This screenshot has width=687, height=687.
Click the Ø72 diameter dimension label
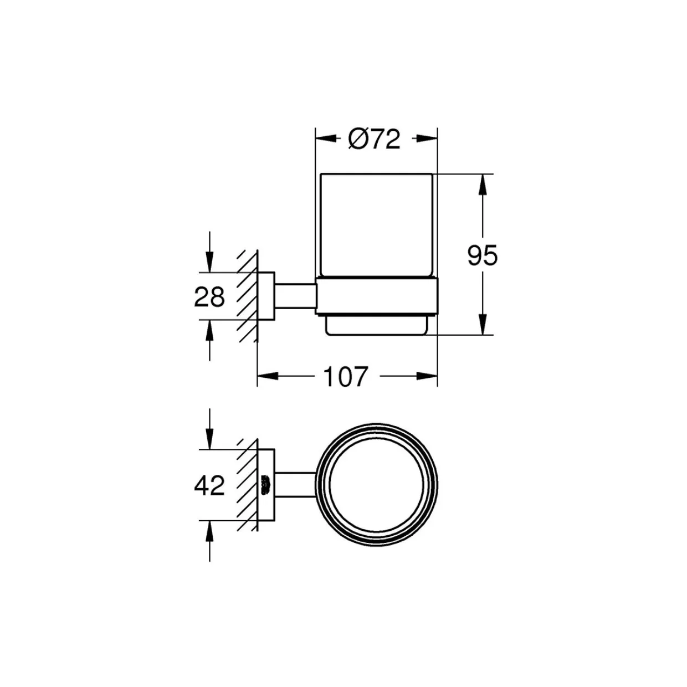374,139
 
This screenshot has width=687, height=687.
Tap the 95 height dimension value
482,255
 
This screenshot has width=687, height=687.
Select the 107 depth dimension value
345,377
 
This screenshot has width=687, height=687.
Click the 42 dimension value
209,485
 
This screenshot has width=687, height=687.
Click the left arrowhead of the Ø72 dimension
326,139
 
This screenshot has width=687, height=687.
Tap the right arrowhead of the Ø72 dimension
427,139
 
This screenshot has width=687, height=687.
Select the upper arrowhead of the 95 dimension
483,184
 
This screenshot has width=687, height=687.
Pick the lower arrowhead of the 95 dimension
483,325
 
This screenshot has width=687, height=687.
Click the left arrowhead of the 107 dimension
268,376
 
